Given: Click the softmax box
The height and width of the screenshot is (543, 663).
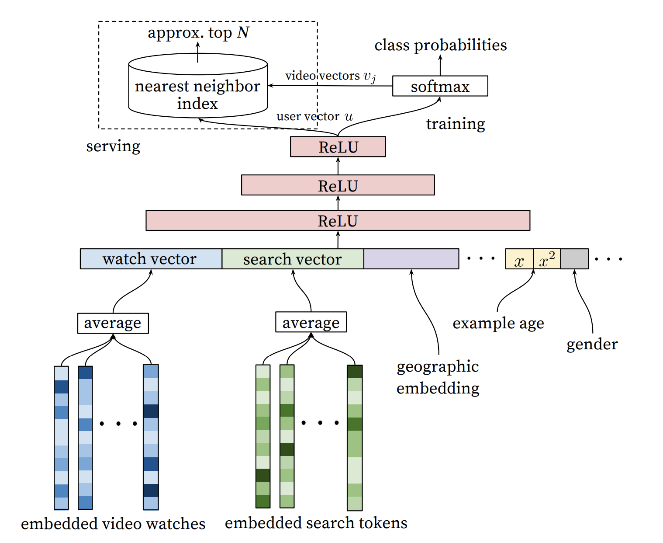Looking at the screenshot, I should pyautogui.click(x=440, y=86).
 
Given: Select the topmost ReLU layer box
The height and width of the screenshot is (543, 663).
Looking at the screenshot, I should pyautogui.click(x=338, y=147).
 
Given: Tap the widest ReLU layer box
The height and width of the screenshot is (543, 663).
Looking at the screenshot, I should pyautogui.click(x=338, y=220).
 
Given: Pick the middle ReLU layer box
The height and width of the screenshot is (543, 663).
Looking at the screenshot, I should pyautogui.click(x=338, y=185).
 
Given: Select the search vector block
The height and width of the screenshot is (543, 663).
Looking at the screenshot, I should pyautogui.click(x=293, y=259).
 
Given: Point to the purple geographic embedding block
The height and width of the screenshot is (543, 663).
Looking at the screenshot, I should pyautogui.click(x=411, y=259).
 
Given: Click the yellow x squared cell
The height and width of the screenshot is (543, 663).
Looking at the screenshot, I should pyautogui.click(x=547, y=259).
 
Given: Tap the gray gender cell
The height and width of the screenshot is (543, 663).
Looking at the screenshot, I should pyautogui.click(x=574, y=259).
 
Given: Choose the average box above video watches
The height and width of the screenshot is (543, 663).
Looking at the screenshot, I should pyautogui.click(x=113, y=323).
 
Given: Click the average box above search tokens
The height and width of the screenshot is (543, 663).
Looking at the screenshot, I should pyautogui.click(x=311, y=322).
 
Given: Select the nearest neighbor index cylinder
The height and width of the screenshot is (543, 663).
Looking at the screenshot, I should pyautogui.click(x=197, y=87).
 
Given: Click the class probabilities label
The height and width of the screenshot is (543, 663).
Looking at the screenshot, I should pyautogui.click(x=440, y=45).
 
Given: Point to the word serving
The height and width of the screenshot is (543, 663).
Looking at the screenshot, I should pyautogui.click(x=113, y=146).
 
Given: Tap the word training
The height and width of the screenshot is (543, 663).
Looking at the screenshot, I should pyautogui.click(x=456, y=124).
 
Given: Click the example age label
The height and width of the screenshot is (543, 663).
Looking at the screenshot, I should pyautogui.click(x=498, y=324).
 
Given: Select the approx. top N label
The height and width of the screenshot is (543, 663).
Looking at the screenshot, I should pyautogui.click(x=198, y=33).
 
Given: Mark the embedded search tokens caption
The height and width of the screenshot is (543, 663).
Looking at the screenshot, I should pyautogui.click(x=316, y=523).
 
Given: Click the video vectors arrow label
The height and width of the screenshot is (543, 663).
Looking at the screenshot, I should pyautogui.click(x=330, y=76).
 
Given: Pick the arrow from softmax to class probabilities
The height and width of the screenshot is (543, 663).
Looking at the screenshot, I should pyautogui.click(x=440, y=66).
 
